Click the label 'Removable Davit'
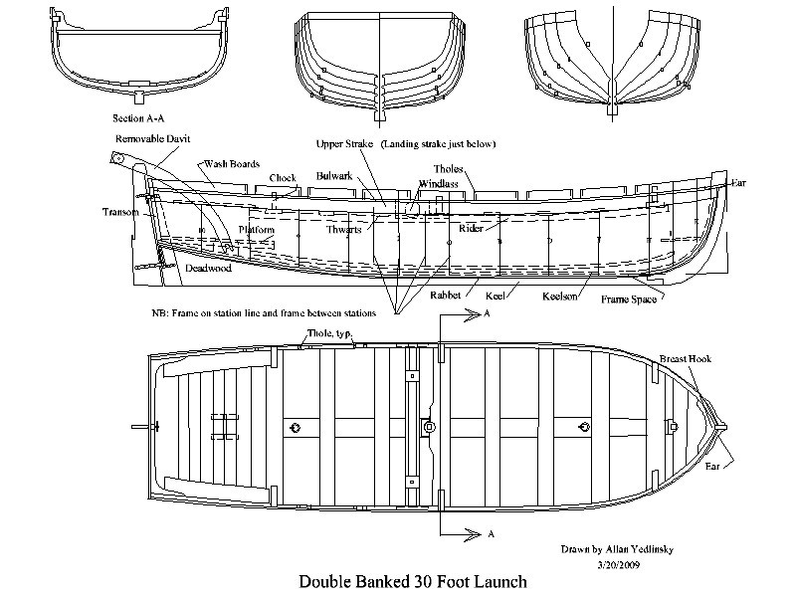(x=152, y=138)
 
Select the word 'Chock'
(x=283, y=179)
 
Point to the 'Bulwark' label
(x=335, y=176)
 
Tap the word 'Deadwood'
(x=206, y=269)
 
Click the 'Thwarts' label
(x=344, y=229)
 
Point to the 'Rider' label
(x=471, y=228)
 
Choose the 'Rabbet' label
(x=448, y=296)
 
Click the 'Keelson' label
(x=562, y=297)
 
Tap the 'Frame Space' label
(x=628, y=298)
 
